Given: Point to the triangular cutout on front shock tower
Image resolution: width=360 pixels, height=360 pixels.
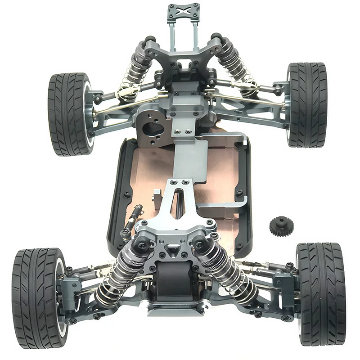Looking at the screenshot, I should tap(171, 249).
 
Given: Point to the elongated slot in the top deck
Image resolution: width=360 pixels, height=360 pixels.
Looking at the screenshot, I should tap(179, 200).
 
